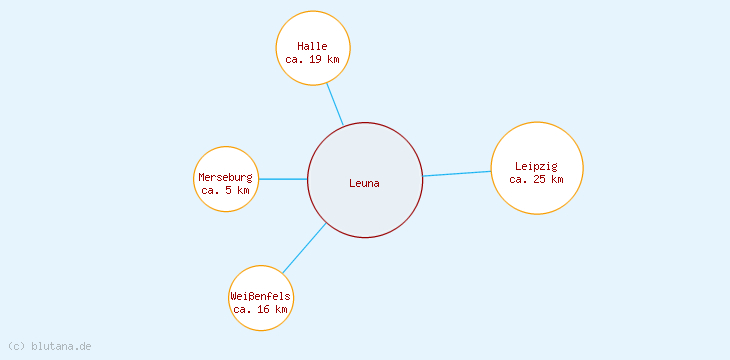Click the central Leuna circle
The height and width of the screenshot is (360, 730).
click(365, 205)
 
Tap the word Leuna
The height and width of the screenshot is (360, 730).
click(365, 183)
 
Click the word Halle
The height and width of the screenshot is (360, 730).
click(313, 46)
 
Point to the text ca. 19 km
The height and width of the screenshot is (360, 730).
click(313, 60)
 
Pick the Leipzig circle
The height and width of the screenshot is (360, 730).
click(537, 195)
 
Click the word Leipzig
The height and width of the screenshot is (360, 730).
click(537, 166)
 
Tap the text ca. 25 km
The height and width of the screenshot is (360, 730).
click(537, 180)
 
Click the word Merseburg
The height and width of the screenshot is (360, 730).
click(226, 177)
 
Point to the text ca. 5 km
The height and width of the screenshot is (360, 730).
click(226, 190)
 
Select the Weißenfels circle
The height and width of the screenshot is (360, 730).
click(261, 280)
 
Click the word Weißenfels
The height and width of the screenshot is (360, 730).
click(261, 296)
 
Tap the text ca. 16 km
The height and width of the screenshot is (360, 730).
click(261, 310)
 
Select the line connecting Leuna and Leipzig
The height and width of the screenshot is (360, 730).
click(457, 174)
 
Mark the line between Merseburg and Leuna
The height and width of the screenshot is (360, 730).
click(283, 179)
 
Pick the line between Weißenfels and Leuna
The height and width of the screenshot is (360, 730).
click(304, 248)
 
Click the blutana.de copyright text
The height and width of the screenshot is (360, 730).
click(61, 346)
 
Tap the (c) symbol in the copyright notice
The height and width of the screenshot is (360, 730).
click(16, 346)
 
